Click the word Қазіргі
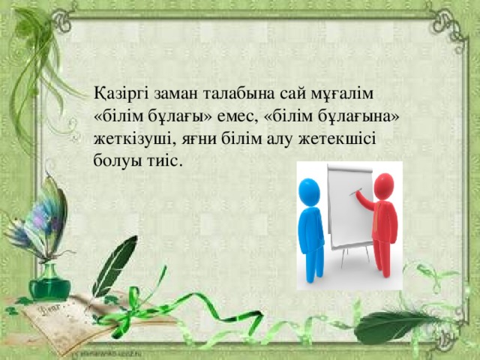coord(119,95)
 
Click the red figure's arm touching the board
coord(365,198)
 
